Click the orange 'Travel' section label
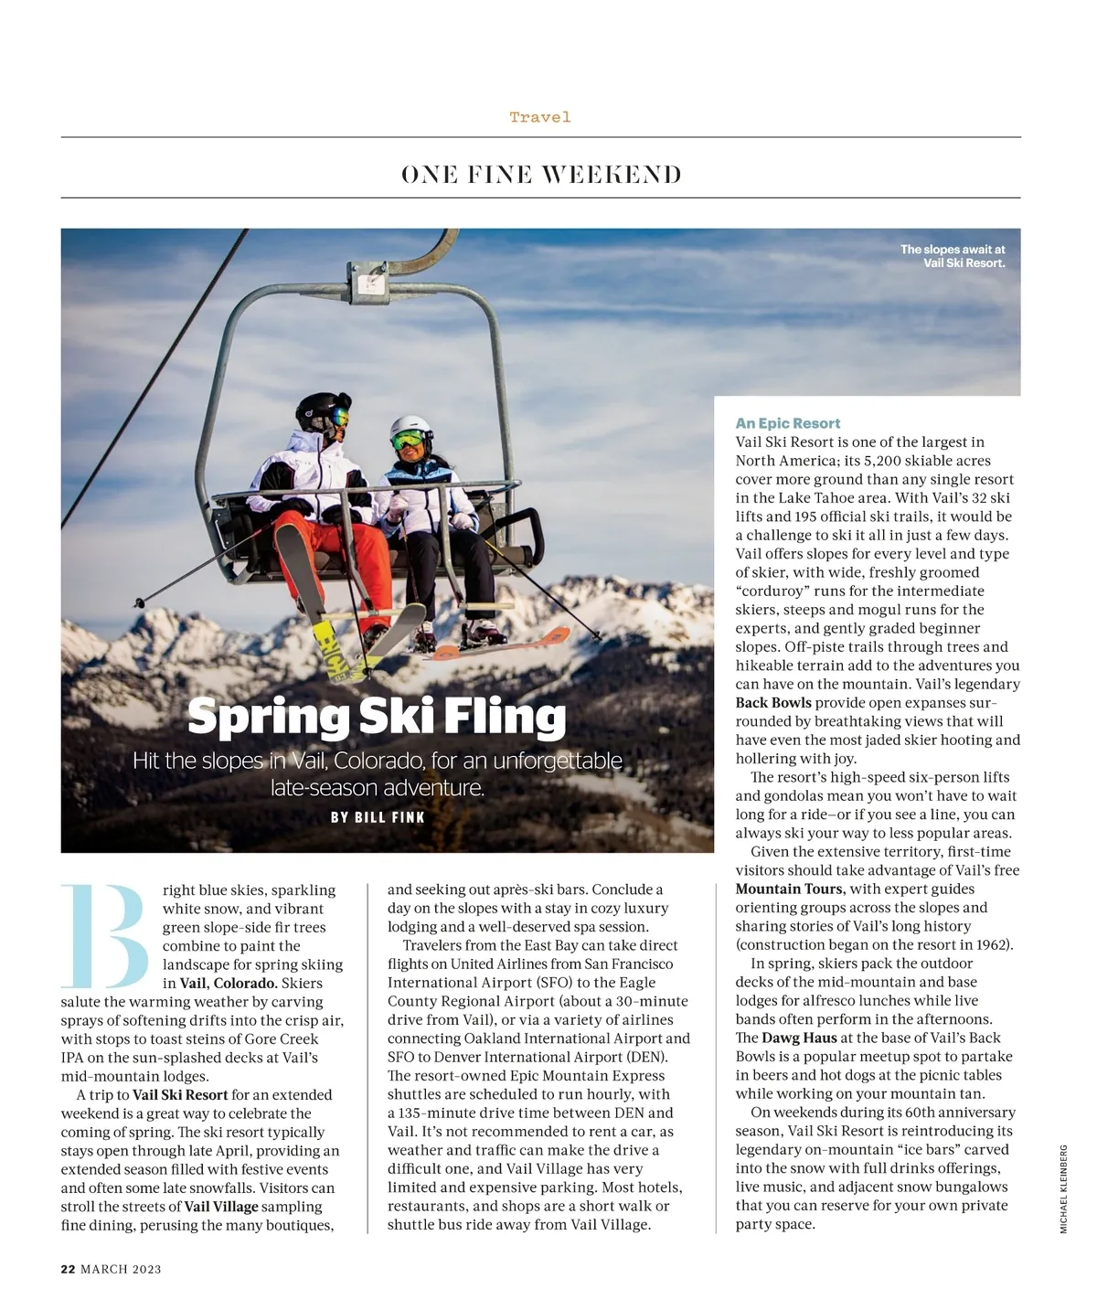(x=540, y=117)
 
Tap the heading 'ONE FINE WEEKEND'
(x=541, y=175)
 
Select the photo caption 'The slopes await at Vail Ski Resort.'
(x=953, y=256)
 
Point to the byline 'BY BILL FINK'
(x=378, y=817)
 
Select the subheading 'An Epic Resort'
(x=787, y=423)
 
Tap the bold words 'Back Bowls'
(x=773, y=703)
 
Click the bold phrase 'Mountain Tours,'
(x=791, y=889)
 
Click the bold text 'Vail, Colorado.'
(x=228, y=983)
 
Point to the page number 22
(x=68, y=1269)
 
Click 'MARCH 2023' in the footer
(x=121, y=1269)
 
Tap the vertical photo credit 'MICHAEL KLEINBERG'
(x=1063, y=1189)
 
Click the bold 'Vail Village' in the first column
(x=221, y=1206)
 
